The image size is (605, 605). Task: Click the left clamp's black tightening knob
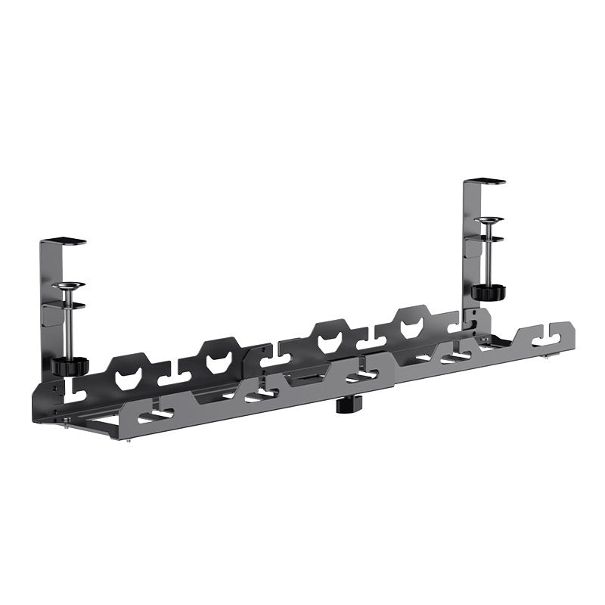(x=70, y=365)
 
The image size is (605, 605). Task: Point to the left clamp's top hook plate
(x=65, y=242)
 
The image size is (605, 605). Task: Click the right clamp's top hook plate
(x=485, y=181)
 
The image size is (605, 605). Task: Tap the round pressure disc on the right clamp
(x=488, y=221)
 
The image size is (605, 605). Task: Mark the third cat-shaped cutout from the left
(x=330, y=340)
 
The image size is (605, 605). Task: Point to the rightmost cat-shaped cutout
(x=412, y=326)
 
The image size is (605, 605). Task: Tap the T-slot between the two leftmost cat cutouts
(x=178, y=373)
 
